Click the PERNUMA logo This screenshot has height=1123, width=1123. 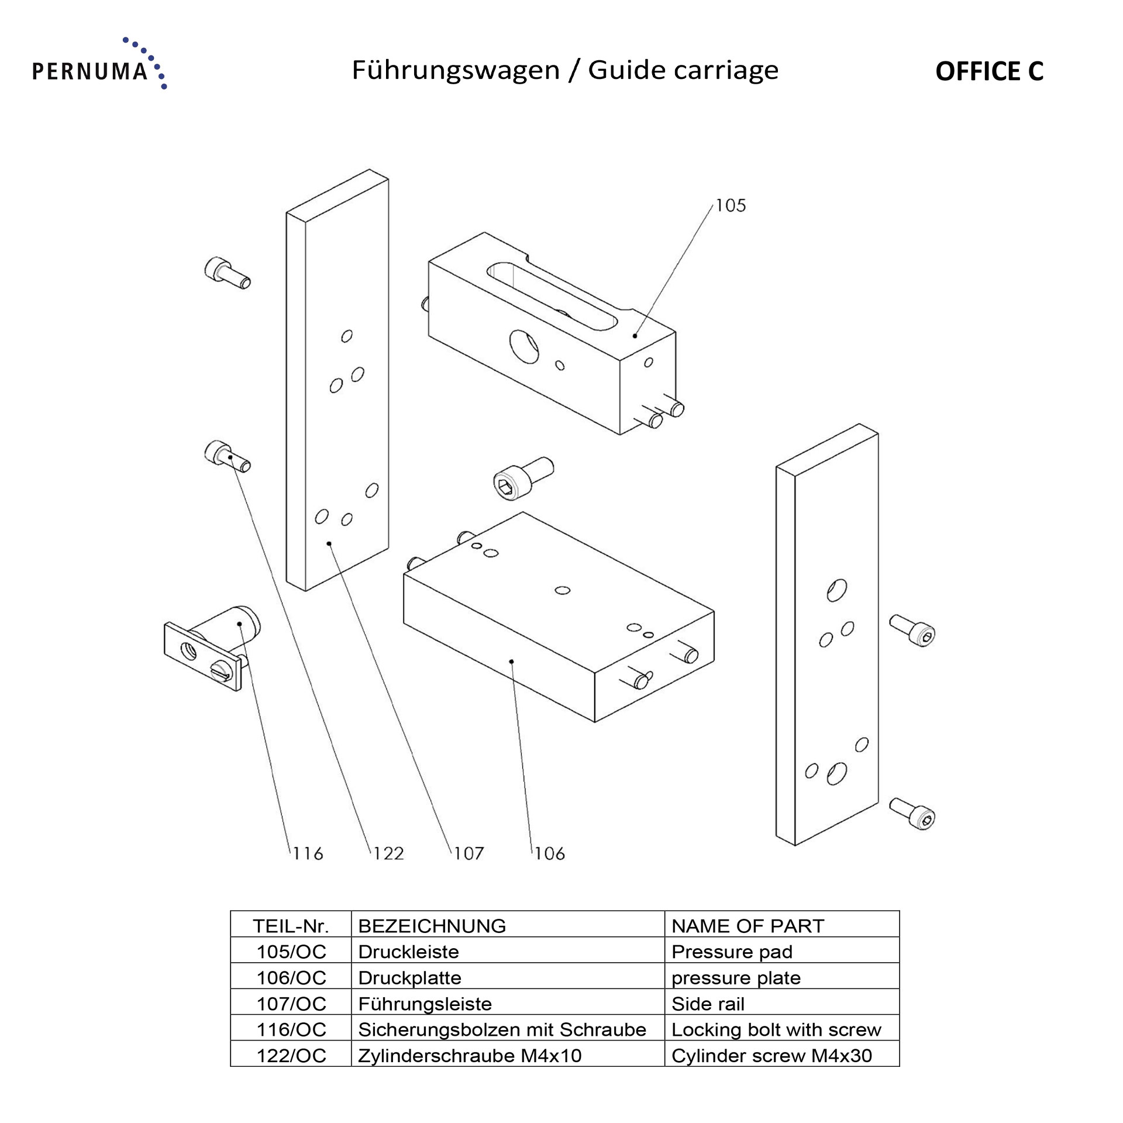click(99, 64)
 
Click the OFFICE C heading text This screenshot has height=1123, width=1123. click(989, 71)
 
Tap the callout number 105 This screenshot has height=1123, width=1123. click(731, 205)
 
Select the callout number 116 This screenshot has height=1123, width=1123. click(308, 853)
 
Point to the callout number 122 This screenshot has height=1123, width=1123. click(388, 853)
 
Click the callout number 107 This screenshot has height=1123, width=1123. click(469, 853)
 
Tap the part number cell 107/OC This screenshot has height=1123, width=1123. click(291, 1004)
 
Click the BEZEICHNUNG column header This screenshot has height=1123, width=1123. click(432, 926)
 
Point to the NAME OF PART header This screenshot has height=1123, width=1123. click(748, 926)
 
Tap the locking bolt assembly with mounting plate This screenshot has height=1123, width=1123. click(212, 647)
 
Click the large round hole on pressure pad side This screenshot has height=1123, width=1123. click(524, 347)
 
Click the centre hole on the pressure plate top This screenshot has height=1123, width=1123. click(563, 590)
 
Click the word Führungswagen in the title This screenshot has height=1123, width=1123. click(456, 71)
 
